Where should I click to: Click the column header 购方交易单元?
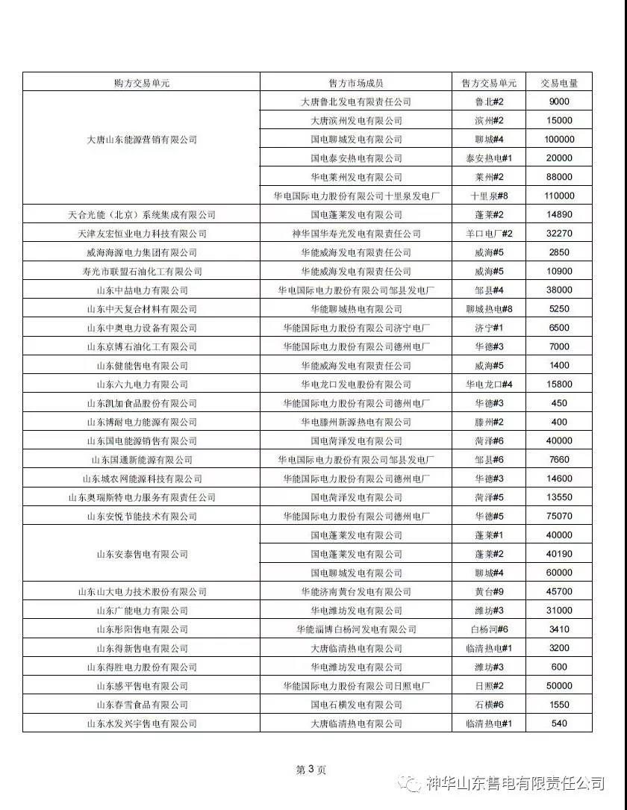tap(142, 83)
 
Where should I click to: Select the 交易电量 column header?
tap(559, 83)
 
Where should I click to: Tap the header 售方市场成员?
tap(356, 83)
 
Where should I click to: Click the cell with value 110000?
tap(559, 196)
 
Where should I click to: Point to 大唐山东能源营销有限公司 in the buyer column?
tap(142, 140)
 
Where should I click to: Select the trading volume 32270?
tap(559, 234)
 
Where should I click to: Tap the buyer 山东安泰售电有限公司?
tap(142, 554)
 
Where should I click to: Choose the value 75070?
tap(559, 516)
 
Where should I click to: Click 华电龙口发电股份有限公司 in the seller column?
tap(356, 384)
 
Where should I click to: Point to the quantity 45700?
tap(559, 592)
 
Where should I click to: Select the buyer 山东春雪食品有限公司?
tap(142, 705)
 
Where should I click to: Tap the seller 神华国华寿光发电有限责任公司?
tap(356, 234)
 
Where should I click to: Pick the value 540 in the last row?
tap(559, 723)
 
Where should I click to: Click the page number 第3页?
tap(311, 770)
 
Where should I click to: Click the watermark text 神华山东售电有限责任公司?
tap(515, 783)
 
